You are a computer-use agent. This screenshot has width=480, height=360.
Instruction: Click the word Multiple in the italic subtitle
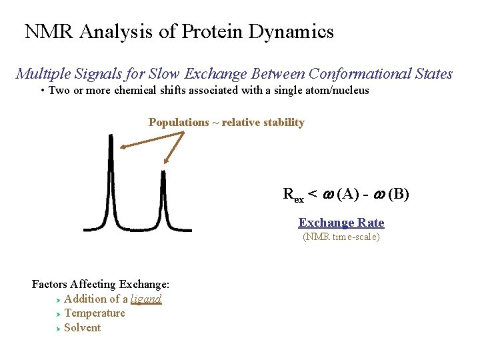[x=42, y=74]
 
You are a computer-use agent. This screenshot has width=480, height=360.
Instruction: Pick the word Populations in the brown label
[x=179, y=123]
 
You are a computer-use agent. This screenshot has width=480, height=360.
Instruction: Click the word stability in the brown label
[x=281, y=123]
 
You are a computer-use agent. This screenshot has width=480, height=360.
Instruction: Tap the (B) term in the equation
[x=398, y=195]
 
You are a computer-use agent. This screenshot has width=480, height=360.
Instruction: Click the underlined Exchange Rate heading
[x=341, y=223]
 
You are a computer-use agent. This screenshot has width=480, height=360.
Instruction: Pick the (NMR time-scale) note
[x=341, y=237]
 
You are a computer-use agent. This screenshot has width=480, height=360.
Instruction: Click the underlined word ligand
[x=146, y=299]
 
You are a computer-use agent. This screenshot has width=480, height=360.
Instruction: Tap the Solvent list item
[x=83, y=328]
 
